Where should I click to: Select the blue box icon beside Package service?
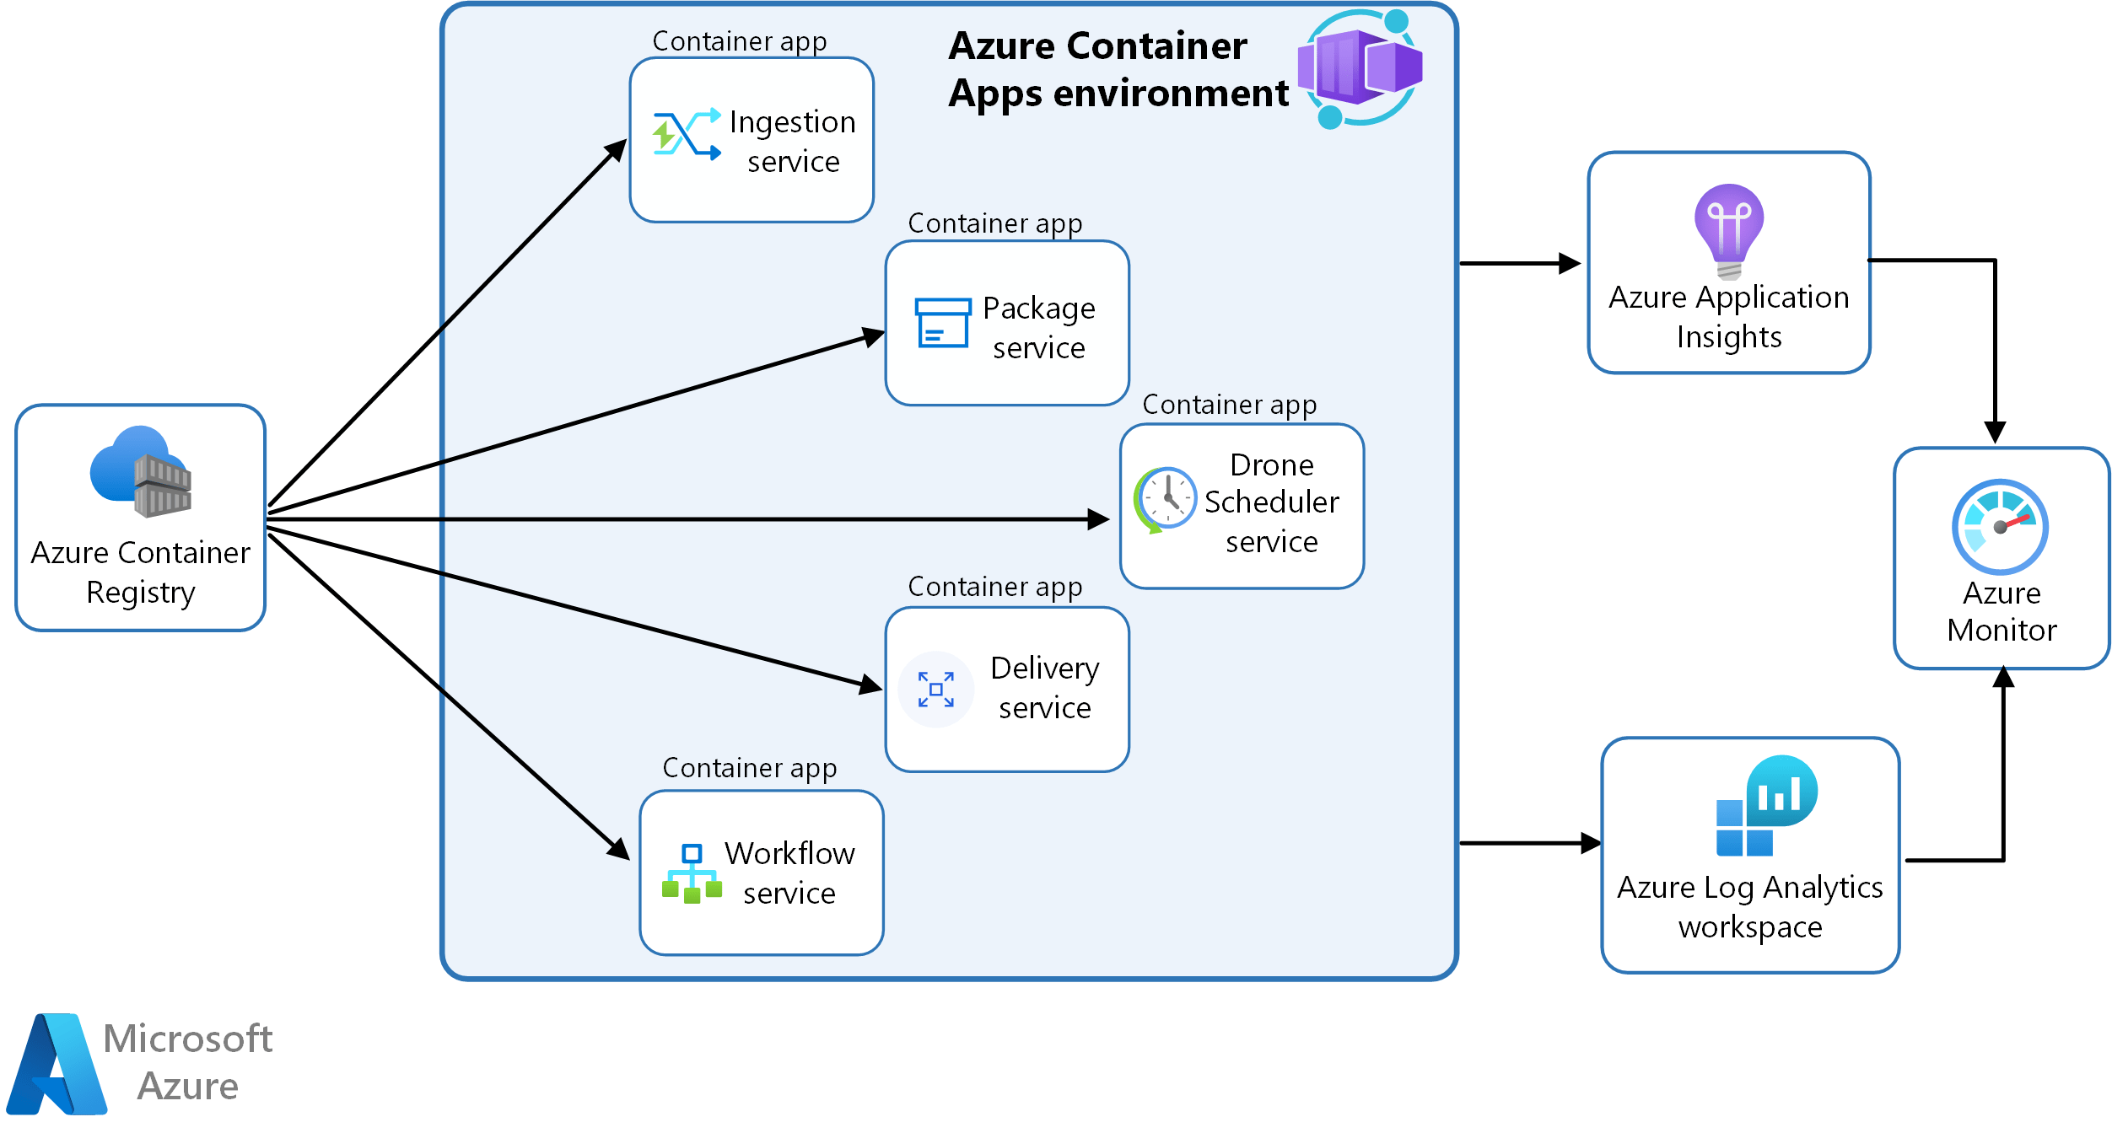point(942,322)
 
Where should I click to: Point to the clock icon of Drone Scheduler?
point(1166,499)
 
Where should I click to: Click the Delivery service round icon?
point(935,689)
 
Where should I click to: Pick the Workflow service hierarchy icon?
point(692,873)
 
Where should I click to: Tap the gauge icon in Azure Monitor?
point(1999,526)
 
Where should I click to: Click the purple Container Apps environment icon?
point(1360,67)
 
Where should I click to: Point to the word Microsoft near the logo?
point(187,1039)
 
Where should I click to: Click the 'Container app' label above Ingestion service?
point(739,41)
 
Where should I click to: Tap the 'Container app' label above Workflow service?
point(749,768)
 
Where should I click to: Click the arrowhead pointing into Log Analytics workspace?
point(1591,842)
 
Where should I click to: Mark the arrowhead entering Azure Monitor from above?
point(1995,432)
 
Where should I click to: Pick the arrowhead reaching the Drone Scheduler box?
point(1099,519)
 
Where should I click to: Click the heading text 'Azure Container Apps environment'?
point(1118,69)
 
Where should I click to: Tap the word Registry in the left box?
point(141,593)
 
